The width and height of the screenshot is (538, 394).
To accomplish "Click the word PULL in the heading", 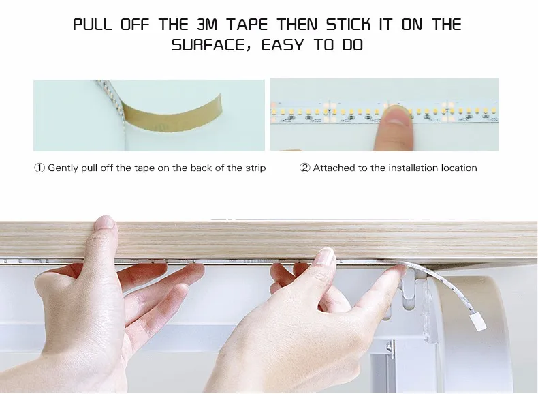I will click(93, 25).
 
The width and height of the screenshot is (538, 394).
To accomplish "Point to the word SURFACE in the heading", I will click(205, 46).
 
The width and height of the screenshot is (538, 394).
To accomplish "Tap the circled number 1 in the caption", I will click(39, 168).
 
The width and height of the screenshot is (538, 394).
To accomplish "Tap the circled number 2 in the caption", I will click(304, 168).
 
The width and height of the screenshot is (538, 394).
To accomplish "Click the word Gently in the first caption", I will click(63, 168).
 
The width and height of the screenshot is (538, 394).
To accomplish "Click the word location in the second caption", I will click(459, 168).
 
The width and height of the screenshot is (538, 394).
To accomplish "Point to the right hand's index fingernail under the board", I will click(325, 258).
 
